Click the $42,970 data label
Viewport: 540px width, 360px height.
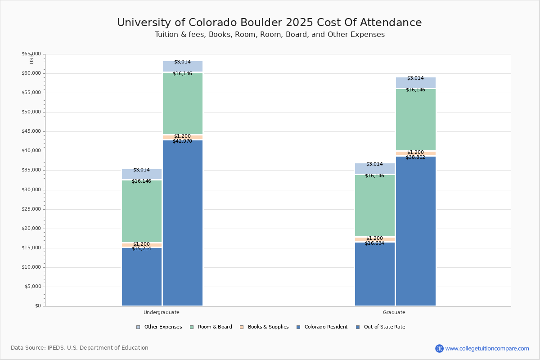coord(182,141)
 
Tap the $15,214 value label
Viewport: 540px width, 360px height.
coord(141,249)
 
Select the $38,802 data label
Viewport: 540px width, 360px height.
coord(415,157)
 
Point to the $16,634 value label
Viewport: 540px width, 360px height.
coord(374,243)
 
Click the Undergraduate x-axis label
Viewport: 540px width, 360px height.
coord(161,312)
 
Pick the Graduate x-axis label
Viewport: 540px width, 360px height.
coord(394,312)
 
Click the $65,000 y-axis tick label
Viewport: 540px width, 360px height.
coord(31,54)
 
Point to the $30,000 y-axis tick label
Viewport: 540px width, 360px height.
coord(31,190)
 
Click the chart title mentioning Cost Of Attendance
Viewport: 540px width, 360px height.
coord(270,23)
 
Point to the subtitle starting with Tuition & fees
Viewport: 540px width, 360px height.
coord(270,35)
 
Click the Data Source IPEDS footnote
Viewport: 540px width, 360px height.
coord(80,348)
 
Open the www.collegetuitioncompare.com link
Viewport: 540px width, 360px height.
coord(487,348)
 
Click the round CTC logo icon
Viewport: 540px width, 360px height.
coord(439,348)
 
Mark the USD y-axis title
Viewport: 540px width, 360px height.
coord(31,58)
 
